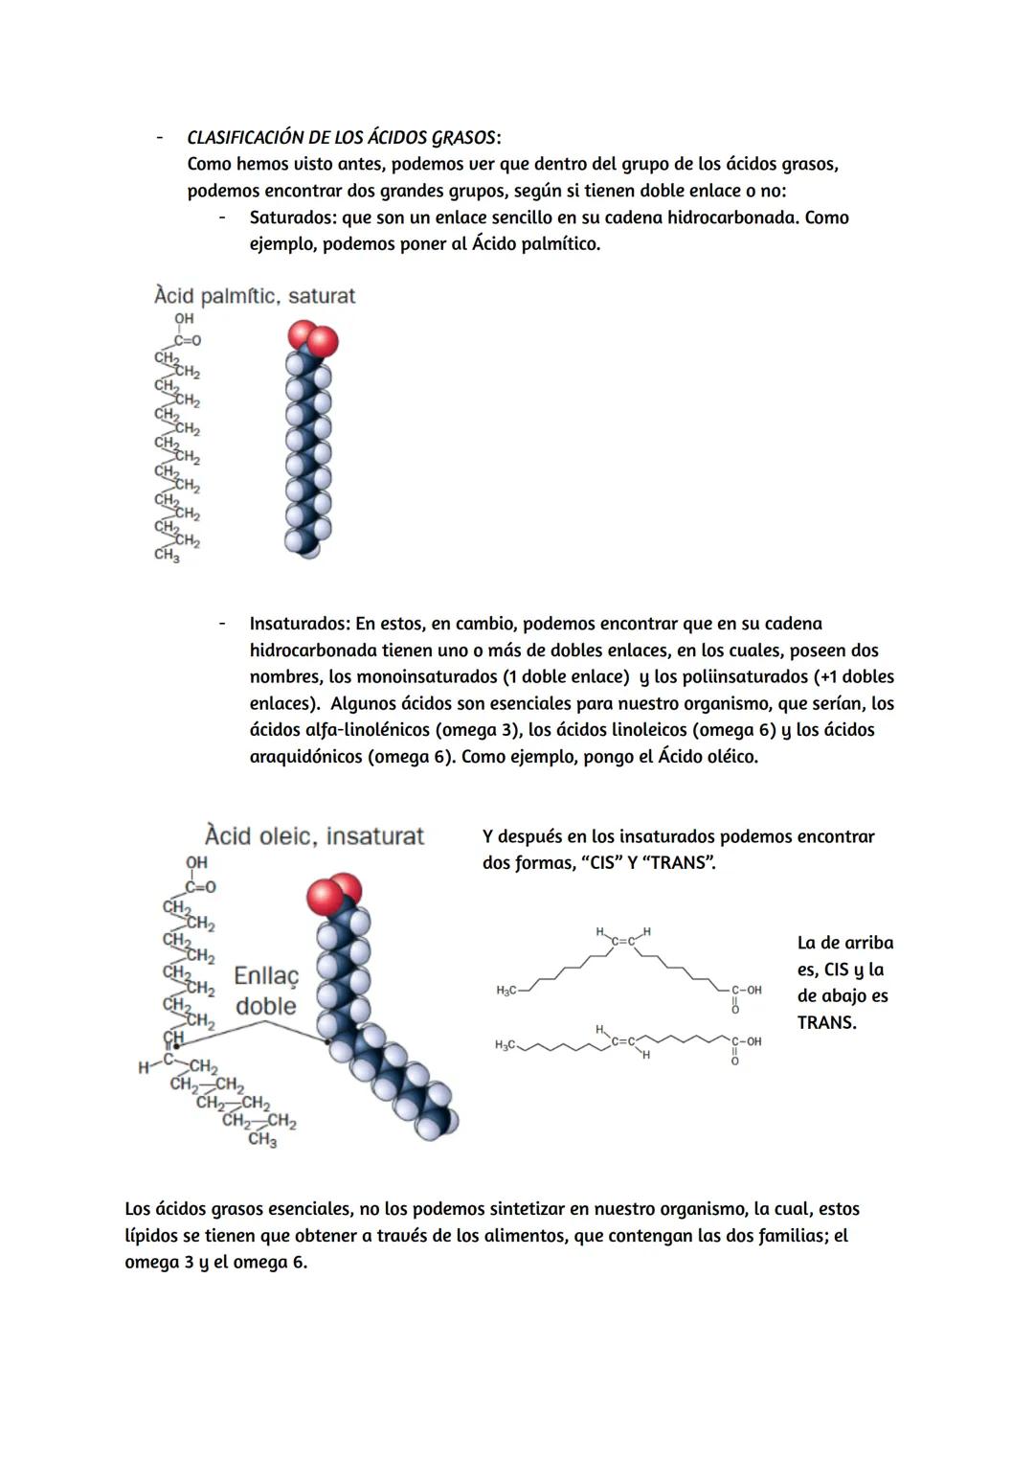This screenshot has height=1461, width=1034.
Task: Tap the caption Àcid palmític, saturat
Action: (254, 296)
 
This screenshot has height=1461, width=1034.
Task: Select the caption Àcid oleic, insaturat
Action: (314, 835)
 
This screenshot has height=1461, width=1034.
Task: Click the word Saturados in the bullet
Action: (292, 217)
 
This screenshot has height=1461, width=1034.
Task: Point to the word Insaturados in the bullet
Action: (300, 624)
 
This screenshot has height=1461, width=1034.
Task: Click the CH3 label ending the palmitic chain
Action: (167, 556)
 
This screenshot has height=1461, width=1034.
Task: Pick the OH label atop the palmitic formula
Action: (184, 319)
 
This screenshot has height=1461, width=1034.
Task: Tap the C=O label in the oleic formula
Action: (200, 887)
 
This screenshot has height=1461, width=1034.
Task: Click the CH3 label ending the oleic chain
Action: (262, 1139)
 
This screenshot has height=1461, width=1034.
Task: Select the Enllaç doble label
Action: (266, 991)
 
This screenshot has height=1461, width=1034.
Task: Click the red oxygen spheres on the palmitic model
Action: (313, 338)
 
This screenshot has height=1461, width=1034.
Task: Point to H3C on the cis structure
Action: (506, 990)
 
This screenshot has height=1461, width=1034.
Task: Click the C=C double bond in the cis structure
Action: (623, 941)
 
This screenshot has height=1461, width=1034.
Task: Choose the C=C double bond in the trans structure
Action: (623, 1040)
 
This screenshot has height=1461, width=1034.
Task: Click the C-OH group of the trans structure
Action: (747, 1041)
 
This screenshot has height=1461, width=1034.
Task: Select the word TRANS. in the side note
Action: (827, 1022)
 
